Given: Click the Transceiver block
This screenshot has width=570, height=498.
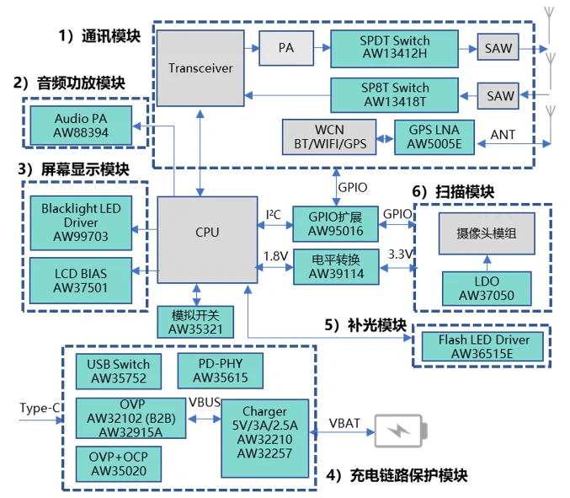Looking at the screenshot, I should click(x=200, y=67).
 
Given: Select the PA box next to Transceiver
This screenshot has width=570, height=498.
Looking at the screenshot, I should click(x=286, y=48).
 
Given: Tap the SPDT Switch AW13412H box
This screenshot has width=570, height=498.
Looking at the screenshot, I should click(x=394, y=48).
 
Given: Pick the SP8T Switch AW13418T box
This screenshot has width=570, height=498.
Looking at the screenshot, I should click(x=394, y=94).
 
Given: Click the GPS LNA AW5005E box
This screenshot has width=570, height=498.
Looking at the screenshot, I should click(x=434, y=137).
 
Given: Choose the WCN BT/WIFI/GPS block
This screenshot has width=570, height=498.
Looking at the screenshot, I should click(x=334, y=137).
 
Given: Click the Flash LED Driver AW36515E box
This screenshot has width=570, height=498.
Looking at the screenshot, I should click(x=483, y=346).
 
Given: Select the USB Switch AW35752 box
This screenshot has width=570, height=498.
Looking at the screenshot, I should click(x=119, y=372).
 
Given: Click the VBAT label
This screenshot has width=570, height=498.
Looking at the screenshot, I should click(x=344, y=422).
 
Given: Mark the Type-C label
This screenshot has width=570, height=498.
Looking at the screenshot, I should click(x=40, y=409).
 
